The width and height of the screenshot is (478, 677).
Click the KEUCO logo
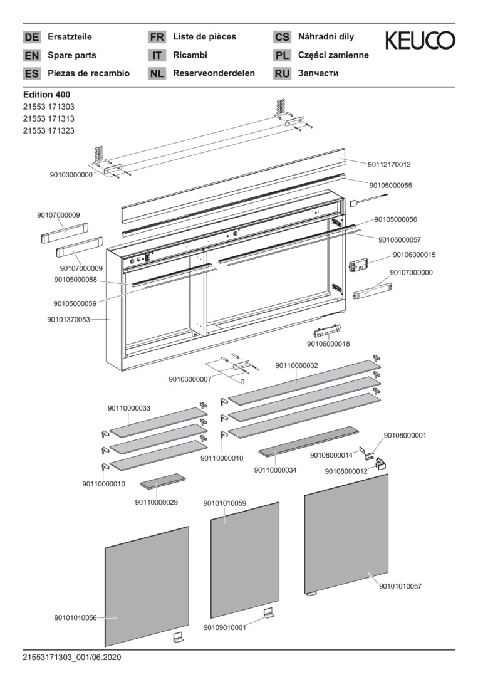420,41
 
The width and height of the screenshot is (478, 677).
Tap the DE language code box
31,37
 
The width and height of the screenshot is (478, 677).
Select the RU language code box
282,73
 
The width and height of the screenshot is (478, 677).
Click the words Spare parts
72,55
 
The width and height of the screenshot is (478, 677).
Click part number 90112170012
389,164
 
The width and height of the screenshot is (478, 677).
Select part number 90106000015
414,255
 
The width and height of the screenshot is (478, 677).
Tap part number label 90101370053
68,320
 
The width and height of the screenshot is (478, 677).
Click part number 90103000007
190,379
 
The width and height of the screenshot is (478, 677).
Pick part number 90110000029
156,502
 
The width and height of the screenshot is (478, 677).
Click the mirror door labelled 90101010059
244,558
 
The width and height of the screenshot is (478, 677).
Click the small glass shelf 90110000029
162,480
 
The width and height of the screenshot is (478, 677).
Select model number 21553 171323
48,130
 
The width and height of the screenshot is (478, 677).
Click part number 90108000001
405,435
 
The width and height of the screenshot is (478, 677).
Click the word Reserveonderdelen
214,73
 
